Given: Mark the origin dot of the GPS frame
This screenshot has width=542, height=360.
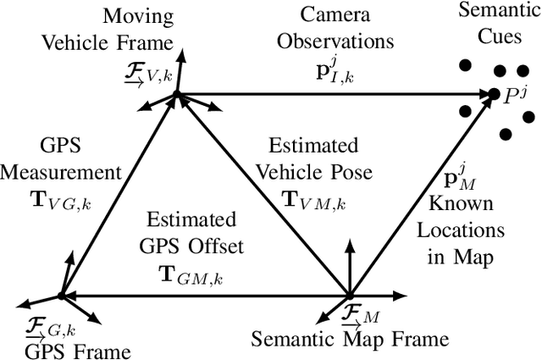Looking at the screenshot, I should pyautogui.click(x=61, y=296).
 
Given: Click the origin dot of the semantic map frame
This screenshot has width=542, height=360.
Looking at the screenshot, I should pyautogui.click(x=350, y=296).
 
